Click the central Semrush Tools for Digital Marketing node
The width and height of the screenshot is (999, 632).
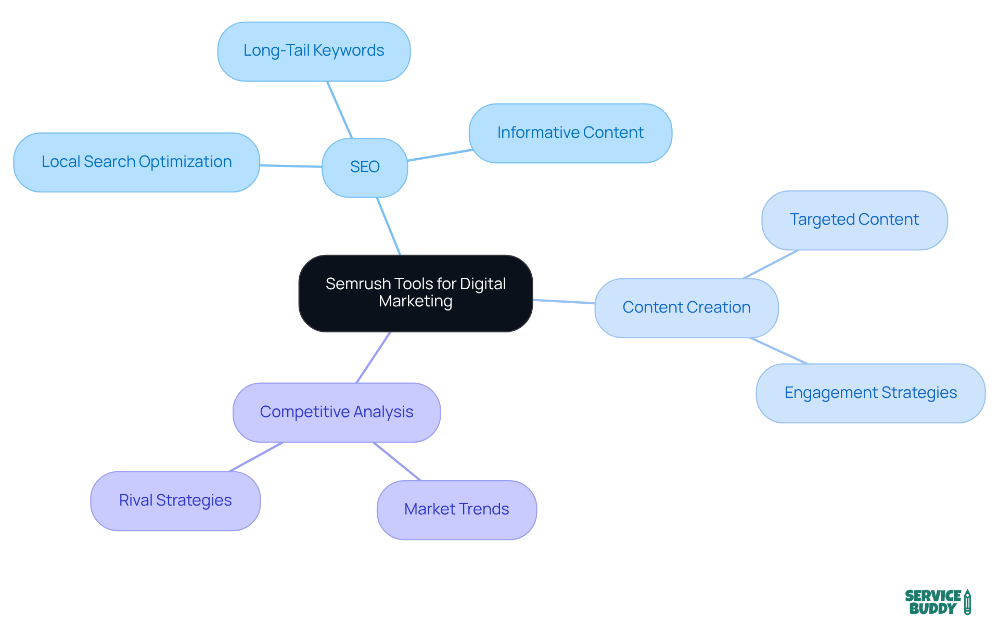click(x=415, y=293)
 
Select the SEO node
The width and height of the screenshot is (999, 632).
click(x=365, y=167)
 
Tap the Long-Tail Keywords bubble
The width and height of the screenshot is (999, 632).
click(x=314, y=51)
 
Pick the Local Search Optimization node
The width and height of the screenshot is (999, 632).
click(x=136, y=162)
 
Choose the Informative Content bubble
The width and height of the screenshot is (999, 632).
click(x=570, y=133)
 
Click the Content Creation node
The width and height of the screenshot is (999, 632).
click(x=686, y=307)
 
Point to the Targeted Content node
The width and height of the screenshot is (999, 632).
click(x=854, y=220)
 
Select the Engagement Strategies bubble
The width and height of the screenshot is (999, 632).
click(x=870, y=393)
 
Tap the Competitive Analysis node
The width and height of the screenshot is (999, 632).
click(x=337, y=412)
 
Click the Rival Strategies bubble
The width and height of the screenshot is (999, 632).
click(x=175, y=500)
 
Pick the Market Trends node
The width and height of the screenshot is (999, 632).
click(x=456, y=509)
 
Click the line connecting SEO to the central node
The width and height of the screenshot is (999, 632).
click(x=389, y=226)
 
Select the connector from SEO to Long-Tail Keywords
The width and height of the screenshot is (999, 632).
click(x=340, y=110)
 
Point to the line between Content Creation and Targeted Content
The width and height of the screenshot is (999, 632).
click(x=771, y=264)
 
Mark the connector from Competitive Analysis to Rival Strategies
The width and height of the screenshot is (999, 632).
click(x=256, y=457)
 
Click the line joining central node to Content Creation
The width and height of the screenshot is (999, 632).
click(x=564, y=301)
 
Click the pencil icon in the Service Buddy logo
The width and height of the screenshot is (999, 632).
click(x=967, y=602)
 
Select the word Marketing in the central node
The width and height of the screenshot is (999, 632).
click(x=415, y=301)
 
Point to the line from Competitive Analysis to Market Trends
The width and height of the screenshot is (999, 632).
click(x=397, y=461)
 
